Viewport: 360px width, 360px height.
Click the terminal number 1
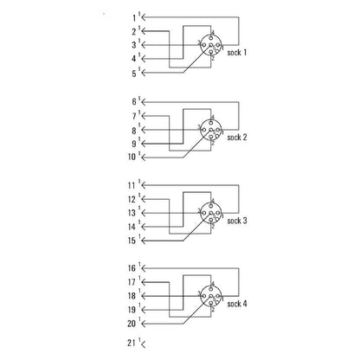coord(134,16)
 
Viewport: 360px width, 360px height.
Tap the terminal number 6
coord(134,100)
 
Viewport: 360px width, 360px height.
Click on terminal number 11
coord(132,185)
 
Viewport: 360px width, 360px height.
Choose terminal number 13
coord(132,213)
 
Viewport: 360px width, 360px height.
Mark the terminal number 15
coord(132,241)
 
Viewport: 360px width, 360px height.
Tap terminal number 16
coord(132,269)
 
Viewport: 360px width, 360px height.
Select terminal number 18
coord(132,297)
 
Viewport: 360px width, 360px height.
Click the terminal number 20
coord(132,325)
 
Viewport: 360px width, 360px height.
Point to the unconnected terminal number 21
coord(132,346)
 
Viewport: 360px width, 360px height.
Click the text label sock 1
coord(237,53)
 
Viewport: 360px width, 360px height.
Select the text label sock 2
coord(237,137)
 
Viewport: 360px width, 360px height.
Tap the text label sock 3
coord(237,221)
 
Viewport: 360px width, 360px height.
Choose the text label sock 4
coord(237,305)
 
